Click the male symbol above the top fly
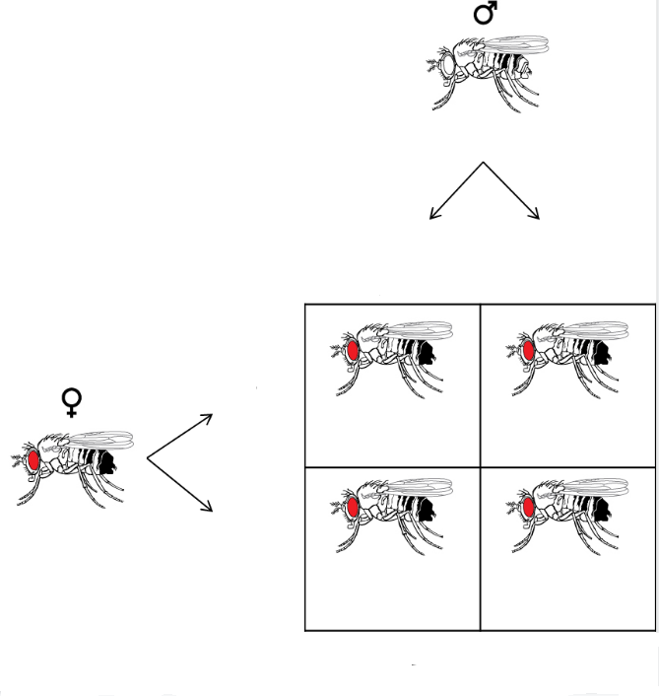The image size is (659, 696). (486, 13)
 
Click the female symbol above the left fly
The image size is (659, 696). (72, 401)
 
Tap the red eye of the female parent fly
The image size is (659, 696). (34, 459)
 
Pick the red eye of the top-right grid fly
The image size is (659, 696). (528, 349)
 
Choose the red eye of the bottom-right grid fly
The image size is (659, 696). (528, 509)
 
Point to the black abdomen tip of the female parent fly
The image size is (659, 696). (108, 462)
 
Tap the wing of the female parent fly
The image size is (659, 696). (99, 440)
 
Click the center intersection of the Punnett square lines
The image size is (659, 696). (480, 466)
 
